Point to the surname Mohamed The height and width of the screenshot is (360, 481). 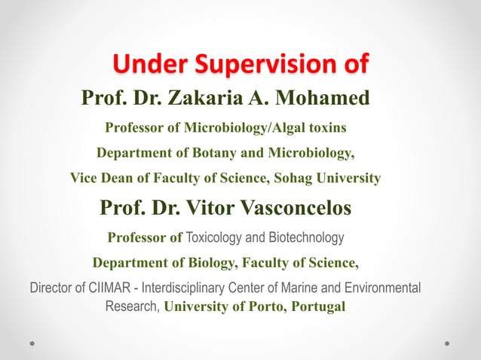click(328, 98)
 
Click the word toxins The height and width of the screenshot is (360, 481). click(329, 127)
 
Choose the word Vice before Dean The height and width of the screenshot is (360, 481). click(84, 178)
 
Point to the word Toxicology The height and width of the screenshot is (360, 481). click(213, 238)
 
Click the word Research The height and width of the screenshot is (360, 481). click(131, 307)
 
